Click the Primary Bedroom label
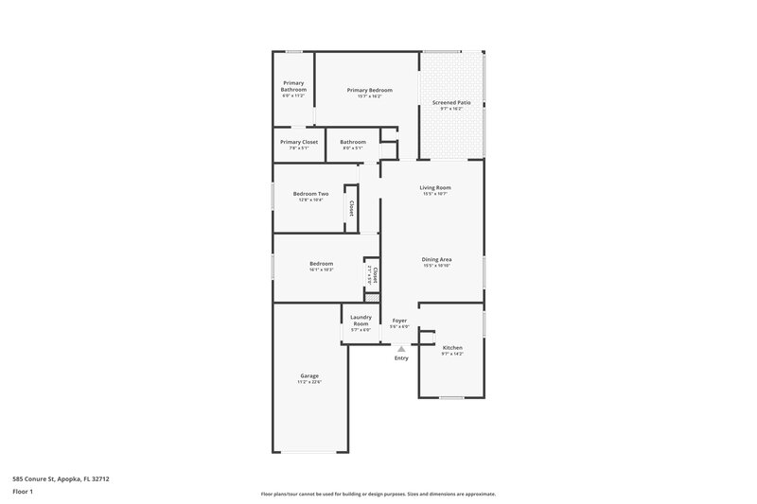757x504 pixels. click(x=369, y=90)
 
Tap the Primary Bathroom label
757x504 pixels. click(x=293, y=86)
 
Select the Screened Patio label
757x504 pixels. click(x=451, y=102)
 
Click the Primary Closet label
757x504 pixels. click(x=299, y=142)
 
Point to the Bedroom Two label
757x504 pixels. click(x=310, y=194)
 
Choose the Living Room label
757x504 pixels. click(x=435, y=187)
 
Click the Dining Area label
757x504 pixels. click(x=436, y=259)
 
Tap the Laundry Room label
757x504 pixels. click(x=361, y=320)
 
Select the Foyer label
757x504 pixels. click(x=399, y=321)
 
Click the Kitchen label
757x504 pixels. click(x=452, y=348)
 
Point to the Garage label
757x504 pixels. click(x=309, y=375)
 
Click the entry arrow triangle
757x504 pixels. click(x=401, y=349)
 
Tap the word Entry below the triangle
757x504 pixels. click(x=401, y=358)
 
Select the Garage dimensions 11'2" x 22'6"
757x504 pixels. click(x=309, y=382)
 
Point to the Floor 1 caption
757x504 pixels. click(x=25, y=492)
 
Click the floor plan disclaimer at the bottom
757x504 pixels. click(x=378, y=494)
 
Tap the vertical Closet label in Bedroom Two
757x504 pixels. click(x=352, y=208)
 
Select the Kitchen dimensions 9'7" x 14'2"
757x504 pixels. click(x=452, y=355)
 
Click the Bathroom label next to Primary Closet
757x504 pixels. click(x=353, y=142)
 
